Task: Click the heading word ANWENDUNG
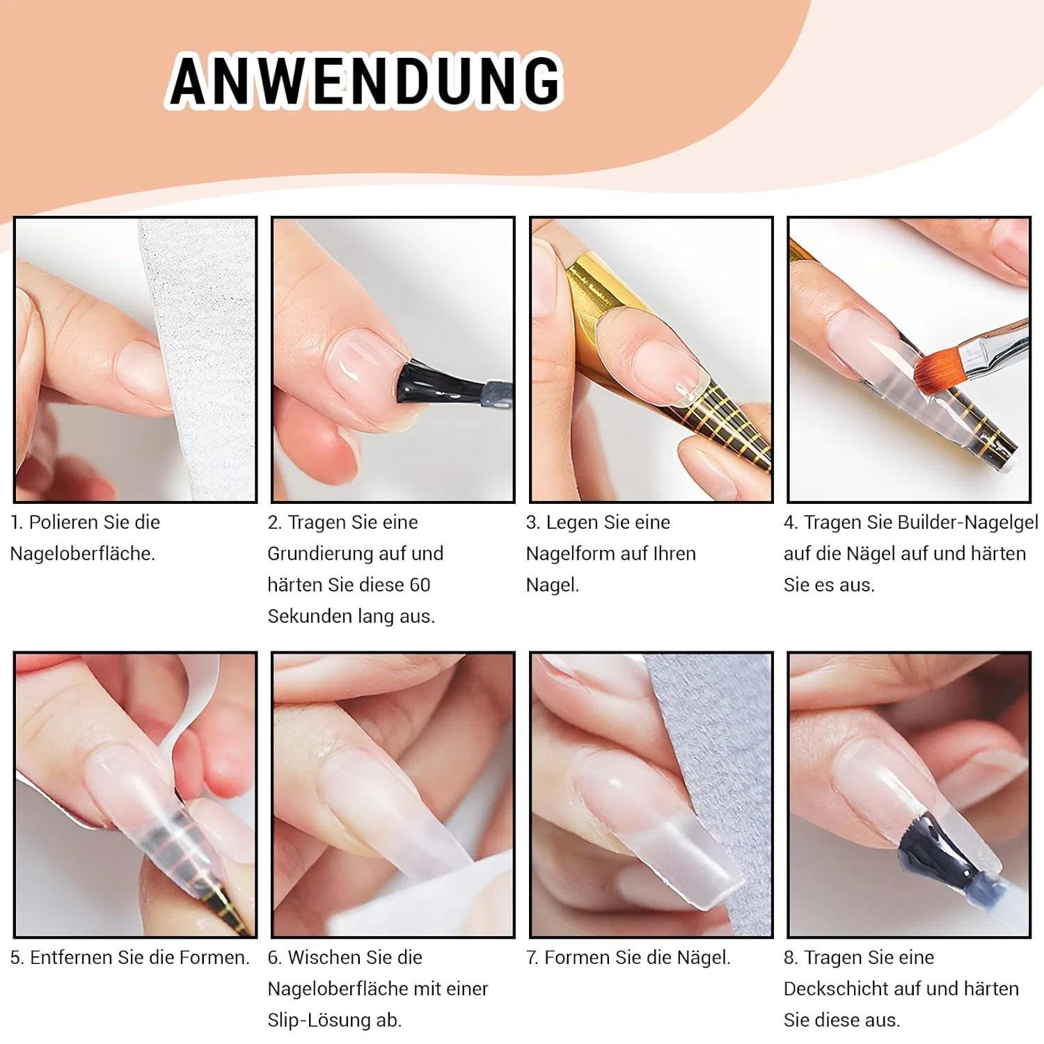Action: (365, 81)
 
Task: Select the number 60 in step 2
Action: (420, 585)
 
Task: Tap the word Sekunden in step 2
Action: (310, 616)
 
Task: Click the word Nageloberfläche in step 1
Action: (83, 554)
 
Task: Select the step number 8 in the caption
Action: (790, 958)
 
